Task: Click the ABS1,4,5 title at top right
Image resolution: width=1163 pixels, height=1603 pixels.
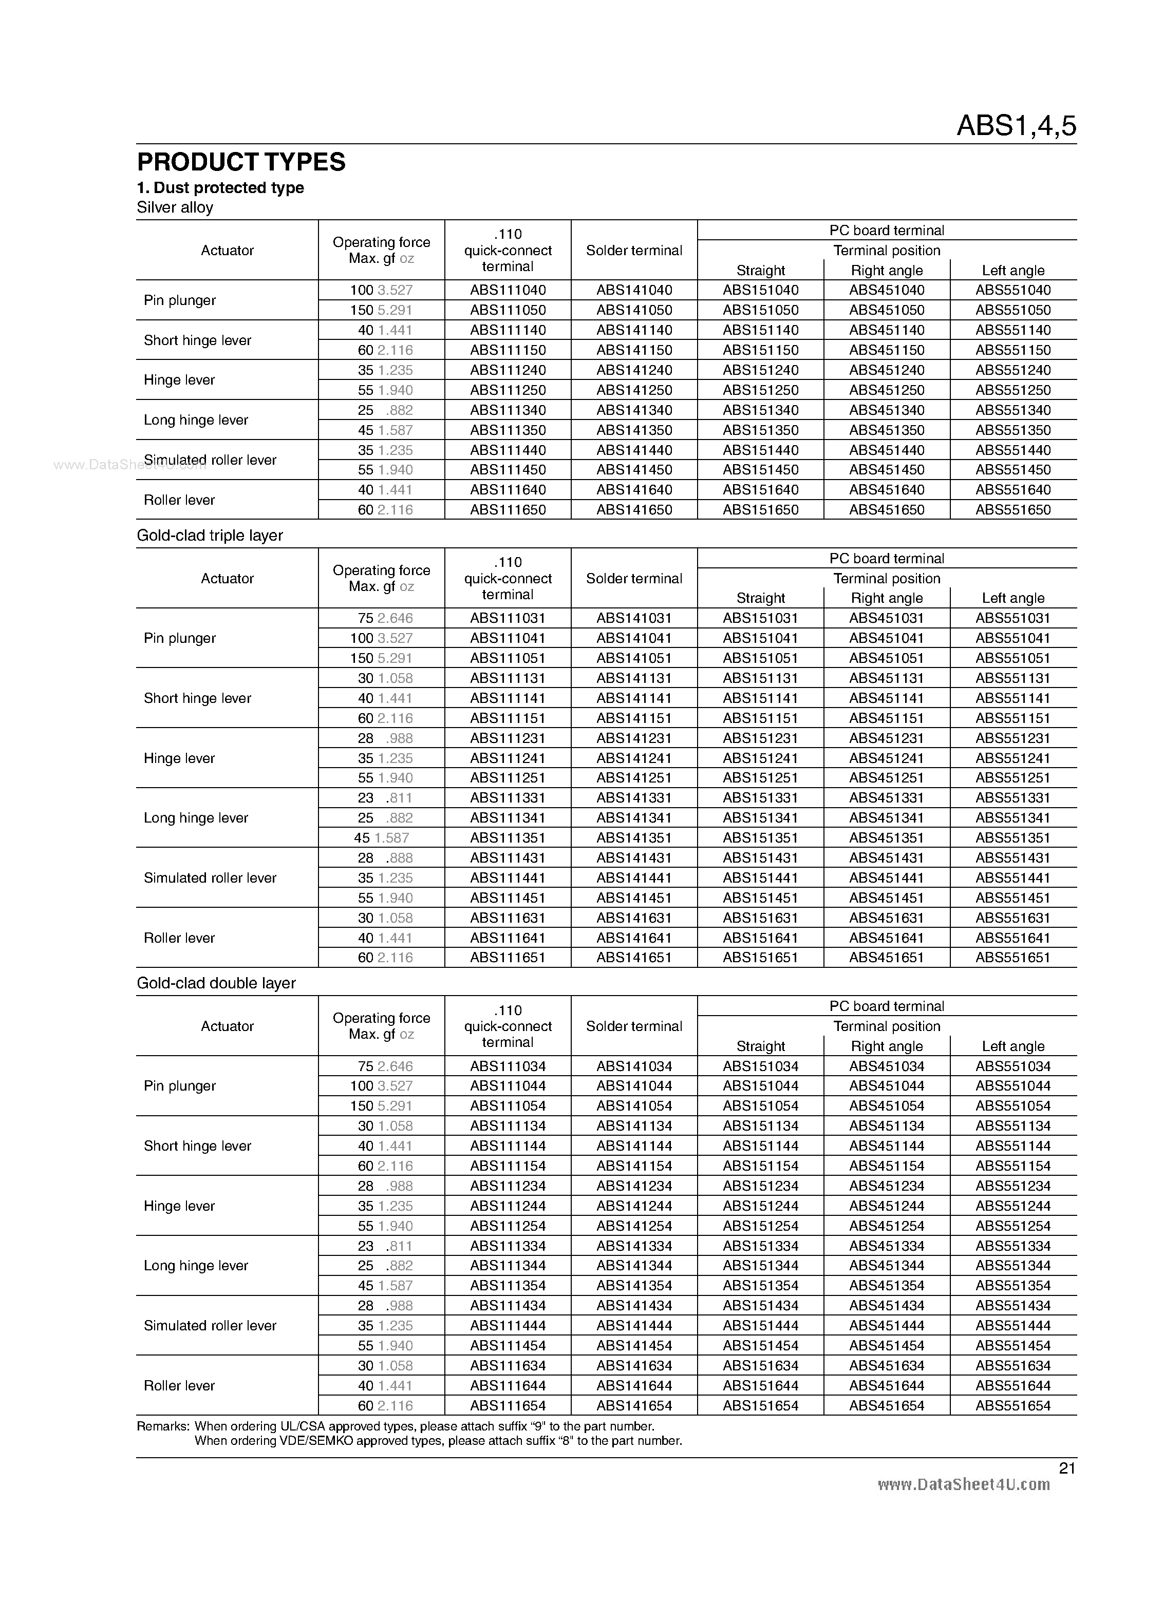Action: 1016,126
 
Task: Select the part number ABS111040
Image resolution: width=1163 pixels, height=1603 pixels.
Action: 508,290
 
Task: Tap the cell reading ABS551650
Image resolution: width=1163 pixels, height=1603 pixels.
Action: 1013,509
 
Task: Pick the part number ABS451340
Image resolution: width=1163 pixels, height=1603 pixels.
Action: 887,410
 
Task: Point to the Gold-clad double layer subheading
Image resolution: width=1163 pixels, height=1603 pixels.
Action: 216,983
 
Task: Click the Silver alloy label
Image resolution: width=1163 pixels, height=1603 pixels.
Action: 175,207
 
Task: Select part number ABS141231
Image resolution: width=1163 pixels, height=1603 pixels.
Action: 634,738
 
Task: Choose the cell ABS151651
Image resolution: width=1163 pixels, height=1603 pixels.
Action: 760,958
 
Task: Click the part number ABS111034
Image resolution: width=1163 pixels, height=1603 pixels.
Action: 508,1066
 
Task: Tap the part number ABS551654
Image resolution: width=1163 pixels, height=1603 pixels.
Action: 1013,1406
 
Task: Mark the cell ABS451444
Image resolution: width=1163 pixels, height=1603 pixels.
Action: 887,1326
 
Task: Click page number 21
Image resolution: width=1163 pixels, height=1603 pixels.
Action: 1067,1468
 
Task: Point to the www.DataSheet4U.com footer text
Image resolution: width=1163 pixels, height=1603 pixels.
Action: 963,1485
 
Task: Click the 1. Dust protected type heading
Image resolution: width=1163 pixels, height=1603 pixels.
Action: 220,187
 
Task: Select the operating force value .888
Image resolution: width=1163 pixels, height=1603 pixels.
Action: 400,858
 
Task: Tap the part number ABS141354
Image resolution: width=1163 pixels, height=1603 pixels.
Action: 634,1286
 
